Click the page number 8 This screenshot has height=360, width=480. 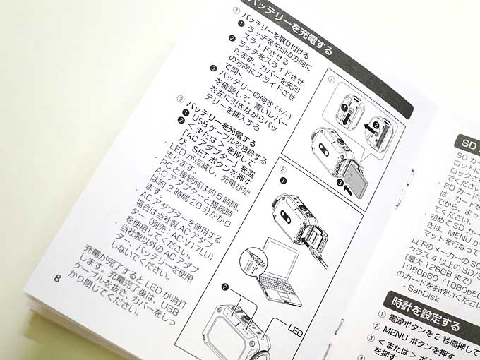click(x=57, y=276)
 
